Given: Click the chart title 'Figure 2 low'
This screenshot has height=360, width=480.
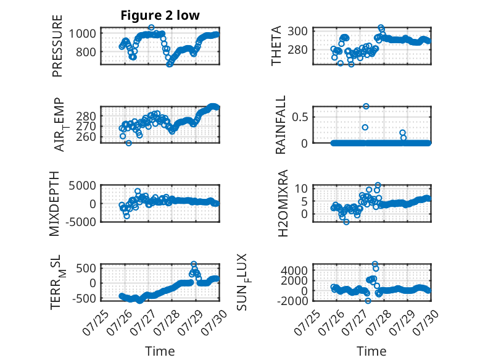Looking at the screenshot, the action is tap(160, 15).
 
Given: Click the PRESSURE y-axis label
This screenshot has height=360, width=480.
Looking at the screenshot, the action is tap(57, 46).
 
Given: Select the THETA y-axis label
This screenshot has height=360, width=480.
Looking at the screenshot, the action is tap(276, 46).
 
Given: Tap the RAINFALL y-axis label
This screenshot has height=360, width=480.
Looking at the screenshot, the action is tap(280, 125).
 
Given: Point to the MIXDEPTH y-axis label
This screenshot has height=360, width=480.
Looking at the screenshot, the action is tap(54, 204).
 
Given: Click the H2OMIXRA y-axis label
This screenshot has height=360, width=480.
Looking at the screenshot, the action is tap(283, 203).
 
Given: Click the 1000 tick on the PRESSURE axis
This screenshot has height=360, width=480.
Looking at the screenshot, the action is tap(82, 33).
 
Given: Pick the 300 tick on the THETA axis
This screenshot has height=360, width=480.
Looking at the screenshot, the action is tap(297, 31).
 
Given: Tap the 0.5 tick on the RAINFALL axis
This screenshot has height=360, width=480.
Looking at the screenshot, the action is tap(300, 117).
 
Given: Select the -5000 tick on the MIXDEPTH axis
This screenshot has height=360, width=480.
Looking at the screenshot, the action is tap(80, 222).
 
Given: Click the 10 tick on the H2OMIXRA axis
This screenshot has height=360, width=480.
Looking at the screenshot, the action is tap(301, 188).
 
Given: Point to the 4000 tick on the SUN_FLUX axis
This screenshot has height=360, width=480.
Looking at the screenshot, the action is tap(294, 270).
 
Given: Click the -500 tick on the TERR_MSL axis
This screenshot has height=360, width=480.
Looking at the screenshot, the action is tap(84, 298).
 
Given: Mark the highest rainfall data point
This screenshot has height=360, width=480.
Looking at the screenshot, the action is tap(366, 106).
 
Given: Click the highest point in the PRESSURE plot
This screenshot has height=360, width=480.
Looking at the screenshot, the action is tap(151, 28).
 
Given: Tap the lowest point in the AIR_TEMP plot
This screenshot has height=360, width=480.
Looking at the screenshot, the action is tap(128, 143).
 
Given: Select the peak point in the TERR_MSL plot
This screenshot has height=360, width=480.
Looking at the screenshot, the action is tap(194, 264).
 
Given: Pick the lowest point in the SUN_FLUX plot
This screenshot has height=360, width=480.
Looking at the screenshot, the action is tap(368, 301).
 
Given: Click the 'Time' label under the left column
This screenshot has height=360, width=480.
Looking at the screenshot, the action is tap(160, 351).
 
